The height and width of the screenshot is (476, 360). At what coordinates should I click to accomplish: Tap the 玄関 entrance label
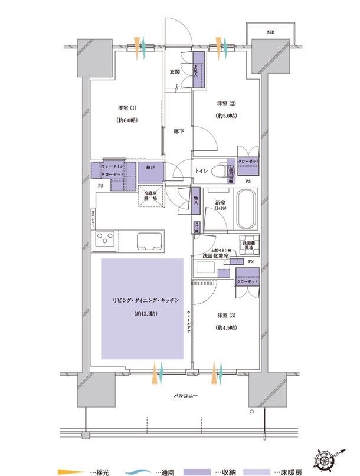(175, 72)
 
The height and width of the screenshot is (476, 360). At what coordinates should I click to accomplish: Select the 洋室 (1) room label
(125, 109)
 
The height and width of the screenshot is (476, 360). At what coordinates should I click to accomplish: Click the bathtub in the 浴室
(246, 211)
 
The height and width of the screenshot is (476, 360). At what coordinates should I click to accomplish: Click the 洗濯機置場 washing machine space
(247, 244)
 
